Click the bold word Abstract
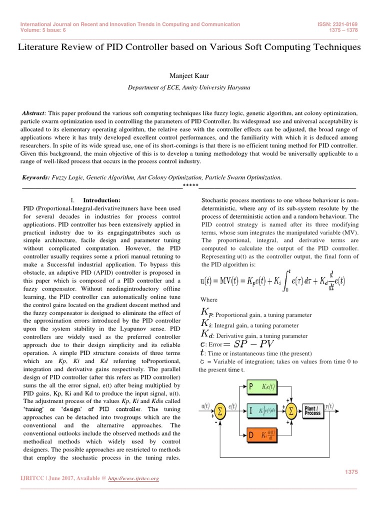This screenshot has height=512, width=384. pyautogui.click(x=34, y=113)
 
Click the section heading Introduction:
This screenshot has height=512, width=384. pyautogui.click(x=101, y=199)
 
